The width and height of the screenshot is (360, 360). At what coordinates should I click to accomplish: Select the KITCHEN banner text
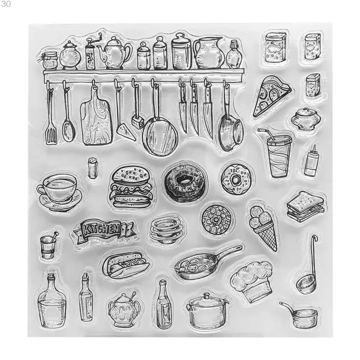[x=101, y=229]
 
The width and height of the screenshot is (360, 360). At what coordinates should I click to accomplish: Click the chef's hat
[x=252, y=281]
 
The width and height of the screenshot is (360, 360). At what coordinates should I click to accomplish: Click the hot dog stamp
[x=125, y=265]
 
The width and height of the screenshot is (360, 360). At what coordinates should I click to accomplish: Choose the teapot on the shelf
[x=115, y=53]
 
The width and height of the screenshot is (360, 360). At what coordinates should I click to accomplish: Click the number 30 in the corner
[x=6, y=4]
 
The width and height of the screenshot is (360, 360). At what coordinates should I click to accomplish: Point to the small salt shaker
[x=92, y=168]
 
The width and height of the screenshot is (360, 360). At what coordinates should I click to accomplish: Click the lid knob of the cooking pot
[x=207, y=296]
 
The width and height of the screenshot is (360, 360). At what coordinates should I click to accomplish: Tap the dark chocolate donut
[x=185, y=182]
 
